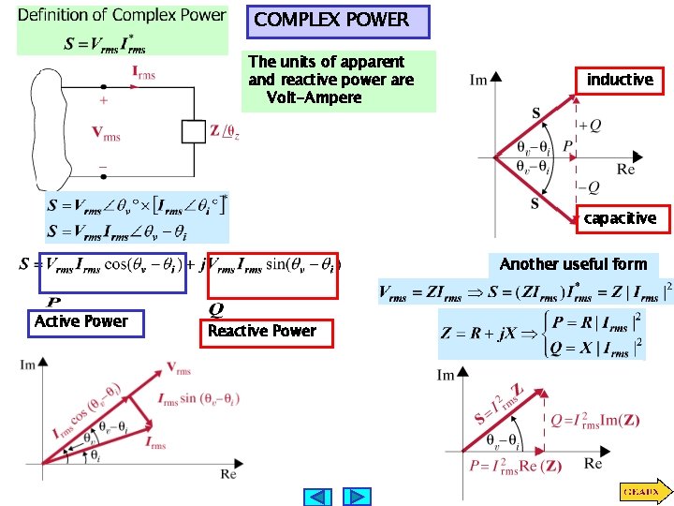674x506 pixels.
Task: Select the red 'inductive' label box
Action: tap(619, 81)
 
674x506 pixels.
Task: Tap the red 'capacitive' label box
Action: tap(619, 218)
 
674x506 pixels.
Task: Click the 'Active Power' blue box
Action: tap(81, 321)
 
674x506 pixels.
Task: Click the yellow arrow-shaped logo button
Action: tap(643, 490)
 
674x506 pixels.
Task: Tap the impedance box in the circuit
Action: tap(194, 130)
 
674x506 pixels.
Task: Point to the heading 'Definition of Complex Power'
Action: tap(122, 15)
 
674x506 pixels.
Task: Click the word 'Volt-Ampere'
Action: tap(313, 97)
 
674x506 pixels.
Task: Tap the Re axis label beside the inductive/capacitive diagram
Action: tap(626, 170)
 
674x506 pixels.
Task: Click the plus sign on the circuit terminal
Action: tap(102, 99)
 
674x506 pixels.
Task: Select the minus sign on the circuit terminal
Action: tap(102, 167)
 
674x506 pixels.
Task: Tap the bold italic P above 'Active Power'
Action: tap(53, 303)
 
